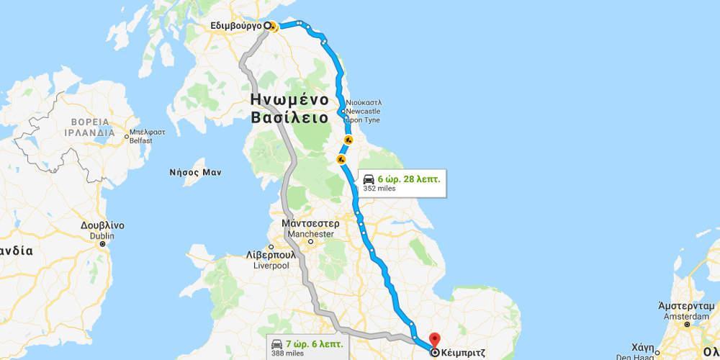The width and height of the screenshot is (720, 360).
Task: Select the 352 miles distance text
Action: (x=379, y=188)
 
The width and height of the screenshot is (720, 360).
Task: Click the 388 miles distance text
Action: (x=287, y=353)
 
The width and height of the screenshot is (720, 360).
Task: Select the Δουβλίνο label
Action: (x=103, y=225)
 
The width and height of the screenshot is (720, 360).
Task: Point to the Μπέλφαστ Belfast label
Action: (x=140, y=137)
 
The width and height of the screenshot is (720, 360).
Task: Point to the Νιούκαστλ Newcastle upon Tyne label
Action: (x=364, y=112)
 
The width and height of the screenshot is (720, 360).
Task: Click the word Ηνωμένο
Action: (x=289, y=99)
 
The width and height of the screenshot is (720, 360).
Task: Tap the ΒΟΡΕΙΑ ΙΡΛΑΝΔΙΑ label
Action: (x=87, y=127)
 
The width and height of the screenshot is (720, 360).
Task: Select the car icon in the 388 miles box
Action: (x=277, y=342)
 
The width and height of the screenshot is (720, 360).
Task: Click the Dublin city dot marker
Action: (x=103, y=244)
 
